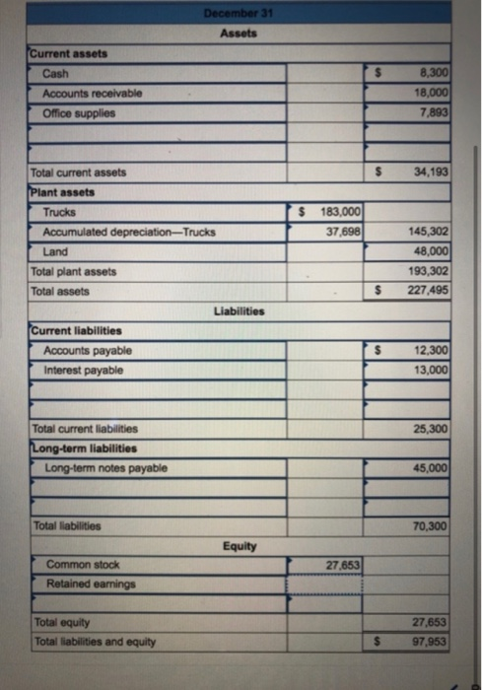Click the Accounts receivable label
click(92, 93)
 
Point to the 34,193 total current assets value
click(431, 172)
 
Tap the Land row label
click(55, 251)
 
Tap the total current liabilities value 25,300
click(431, 430)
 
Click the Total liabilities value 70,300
click(431, 527)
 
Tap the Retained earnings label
click(92, 584)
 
